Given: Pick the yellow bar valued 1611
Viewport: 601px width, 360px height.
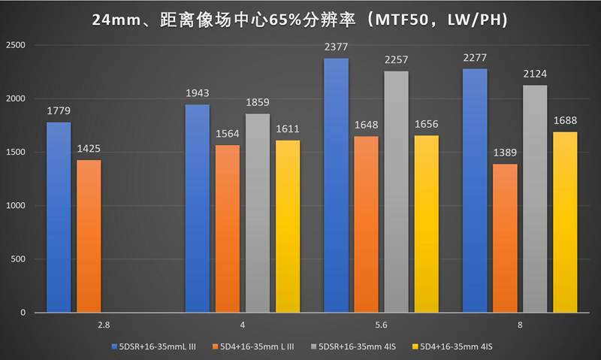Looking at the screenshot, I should coord(288,225).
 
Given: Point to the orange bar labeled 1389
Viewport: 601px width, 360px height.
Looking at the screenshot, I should coord(505,237).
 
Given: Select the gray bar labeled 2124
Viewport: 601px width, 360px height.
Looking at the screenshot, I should coord(535,198).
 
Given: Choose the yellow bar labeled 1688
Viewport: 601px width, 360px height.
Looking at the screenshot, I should coord(565,222).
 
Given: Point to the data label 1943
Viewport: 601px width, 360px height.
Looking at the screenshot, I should coord(197,94).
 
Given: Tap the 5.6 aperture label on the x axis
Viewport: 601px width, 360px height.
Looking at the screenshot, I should coord(381,325).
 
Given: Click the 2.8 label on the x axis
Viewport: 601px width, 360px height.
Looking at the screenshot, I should coord(103,325).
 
